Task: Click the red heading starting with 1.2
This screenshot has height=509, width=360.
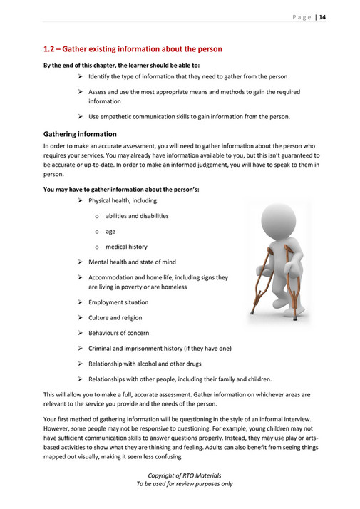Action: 133,49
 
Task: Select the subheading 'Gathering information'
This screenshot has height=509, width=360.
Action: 80,133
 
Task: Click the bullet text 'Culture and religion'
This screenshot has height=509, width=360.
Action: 115,318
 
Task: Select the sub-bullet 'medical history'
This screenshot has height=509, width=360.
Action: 126,247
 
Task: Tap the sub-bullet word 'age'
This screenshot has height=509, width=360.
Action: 110,231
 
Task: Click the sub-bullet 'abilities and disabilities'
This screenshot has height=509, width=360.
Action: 137,216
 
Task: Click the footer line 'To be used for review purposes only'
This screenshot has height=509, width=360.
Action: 184,483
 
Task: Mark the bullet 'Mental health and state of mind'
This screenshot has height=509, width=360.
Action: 132,262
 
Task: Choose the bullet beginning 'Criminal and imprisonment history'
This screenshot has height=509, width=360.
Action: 160,349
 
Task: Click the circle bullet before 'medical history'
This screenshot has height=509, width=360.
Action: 96,247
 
